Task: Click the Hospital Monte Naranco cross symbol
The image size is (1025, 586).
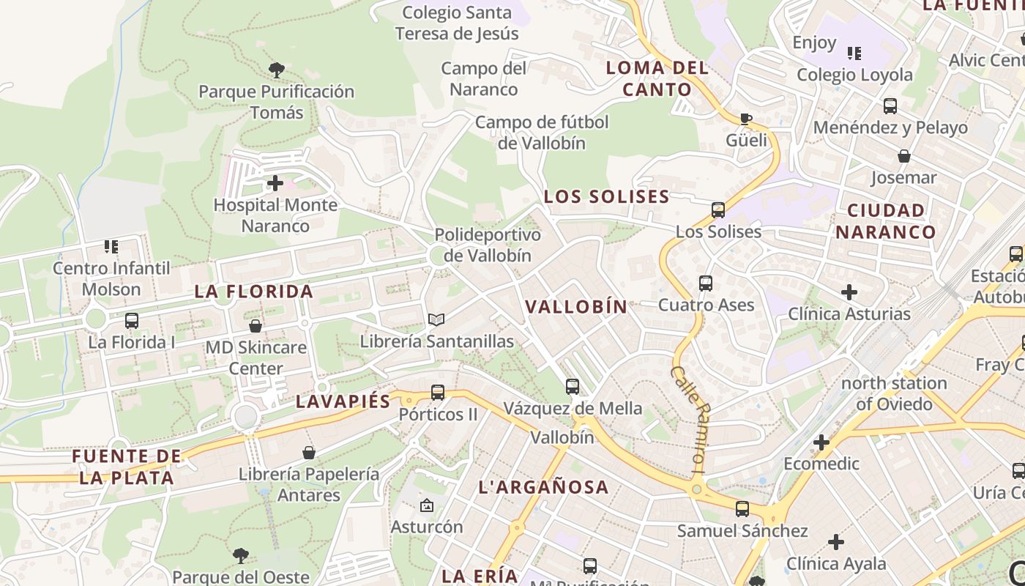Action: click(x=275, y=183)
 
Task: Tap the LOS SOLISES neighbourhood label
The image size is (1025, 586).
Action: click(x=606, y=196)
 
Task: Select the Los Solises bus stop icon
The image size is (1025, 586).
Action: click(x=718, y=210)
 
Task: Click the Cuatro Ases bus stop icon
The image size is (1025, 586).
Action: click(x=706, y=283)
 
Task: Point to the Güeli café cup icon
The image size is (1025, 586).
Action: click(x=746, y=119)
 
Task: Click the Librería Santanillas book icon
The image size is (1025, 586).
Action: click(x=436, y=320)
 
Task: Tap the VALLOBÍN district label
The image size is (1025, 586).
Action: click(x=577, y=307)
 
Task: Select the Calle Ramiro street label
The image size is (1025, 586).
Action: click(x=691, y=418)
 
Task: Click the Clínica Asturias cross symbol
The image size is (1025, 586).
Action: click(x=849, y=293)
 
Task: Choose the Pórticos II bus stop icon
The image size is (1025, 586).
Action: click(x=438, y=392)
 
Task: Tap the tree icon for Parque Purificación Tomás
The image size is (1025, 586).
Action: click(x=277, y=70)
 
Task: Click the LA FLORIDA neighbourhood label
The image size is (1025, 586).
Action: click(x=254, y=292)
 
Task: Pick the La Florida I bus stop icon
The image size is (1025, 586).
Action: click(x=132, y=321)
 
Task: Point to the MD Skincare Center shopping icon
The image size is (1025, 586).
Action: click(x=256, y=326)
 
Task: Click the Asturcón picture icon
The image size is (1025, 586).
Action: click(x=427, y=505)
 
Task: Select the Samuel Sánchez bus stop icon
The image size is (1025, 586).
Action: click(x=742, y=509)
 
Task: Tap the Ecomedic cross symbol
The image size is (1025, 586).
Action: click(x=821, y=442)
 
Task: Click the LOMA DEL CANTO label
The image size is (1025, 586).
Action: click(x=657, y=79)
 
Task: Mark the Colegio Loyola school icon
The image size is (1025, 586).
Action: click(x=854, y=53)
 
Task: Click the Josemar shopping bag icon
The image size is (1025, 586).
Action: click(x=904, y=156)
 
